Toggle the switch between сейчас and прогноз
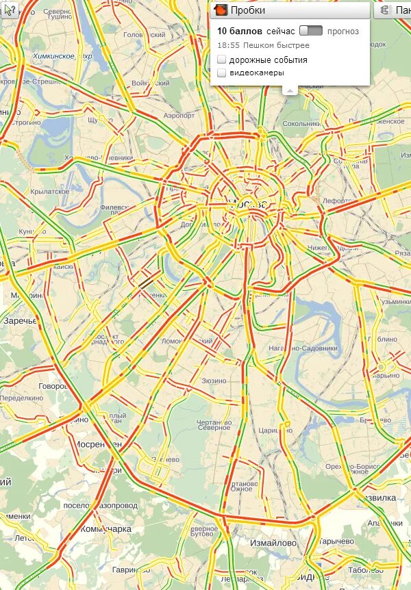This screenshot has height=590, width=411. coord(311,31)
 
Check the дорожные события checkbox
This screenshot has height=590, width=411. coord(221,60)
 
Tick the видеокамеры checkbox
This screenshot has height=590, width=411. coord(221,73)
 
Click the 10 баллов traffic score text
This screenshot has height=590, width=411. coord(240,31)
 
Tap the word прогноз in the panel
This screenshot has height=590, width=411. coord(343,31)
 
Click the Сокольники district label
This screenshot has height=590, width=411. coord(301,125)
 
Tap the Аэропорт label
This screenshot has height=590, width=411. coord(179,116)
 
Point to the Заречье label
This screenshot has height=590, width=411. coord(21,320)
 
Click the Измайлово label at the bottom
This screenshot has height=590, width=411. coord(273,543)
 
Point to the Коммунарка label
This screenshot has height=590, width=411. coord(105,529)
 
